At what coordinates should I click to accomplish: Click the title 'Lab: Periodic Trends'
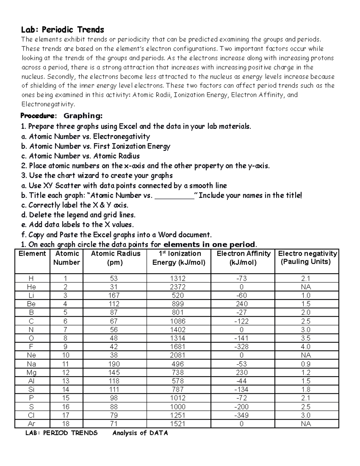tap(62, 30)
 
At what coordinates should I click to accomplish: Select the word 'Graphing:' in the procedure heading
tap(83, 116)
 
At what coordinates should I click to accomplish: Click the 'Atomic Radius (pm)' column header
tap(115, 258)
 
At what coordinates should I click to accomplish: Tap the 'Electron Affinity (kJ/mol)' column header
tap(243, 258)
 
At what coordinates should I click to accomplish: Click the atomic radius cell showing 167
tap(114, 296)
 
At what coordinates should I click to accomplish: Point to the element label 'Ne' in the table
tap(31, 355)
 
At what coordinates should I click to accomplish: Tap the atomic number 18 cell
tap(66, 424)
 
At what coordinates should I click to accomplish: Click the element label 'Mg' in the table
tap(31, 373)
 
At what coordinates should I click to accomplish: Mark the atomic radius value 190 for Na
tap(114, 364)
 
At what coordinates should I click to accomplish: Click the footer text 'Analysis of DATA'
tap(140, 433)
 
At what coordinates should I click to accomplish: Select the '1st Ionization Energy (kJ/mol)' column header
tap(179, 258)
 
